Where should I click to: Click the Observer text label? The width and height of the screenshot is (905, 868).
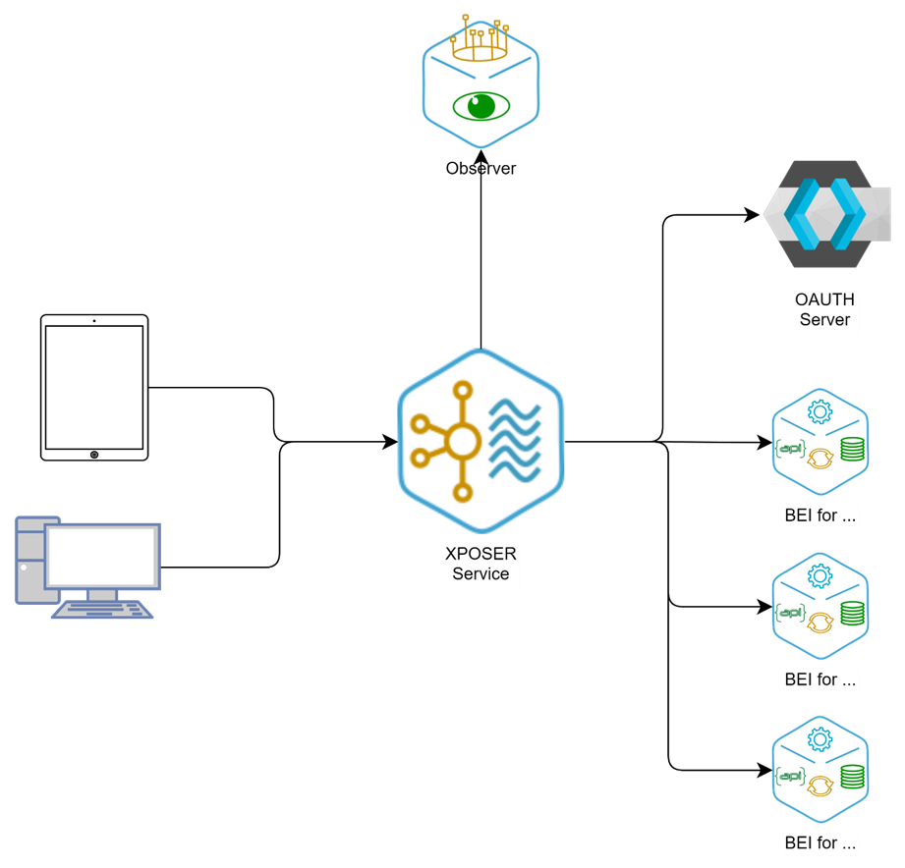pos(481,169)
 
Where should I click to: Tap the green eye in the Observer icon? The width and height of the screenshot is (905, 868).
pos(480,105)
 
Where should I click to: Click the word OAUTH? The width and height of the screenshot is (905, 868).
pos(824,300)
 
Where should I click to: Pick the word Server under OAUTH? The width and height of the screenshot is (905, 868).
pos(824,319)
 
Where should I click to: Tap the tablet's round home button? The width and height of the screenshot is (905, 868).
pos(94,454)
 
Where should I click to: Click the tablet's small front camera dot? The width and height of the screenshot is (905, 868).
pos(94,321)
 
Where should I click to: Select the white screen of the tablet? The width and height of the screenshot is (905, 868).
pos(94,386)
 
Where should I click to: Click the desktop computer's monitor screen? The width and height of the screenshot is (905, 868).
pos(102,556)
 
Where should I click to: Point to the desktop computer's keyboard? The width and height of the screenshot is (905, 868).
pos(102,609)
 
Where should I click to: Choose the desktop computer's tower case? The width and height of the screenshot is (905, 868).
pos(29,560)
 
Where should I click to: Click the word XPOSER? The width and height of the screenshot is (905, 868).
pos(481,555)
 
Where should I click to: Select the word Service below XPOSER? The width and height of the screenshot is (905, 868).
pos(481,573)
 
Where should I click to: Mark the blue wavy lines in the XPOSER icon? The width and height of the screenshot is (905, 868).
pos(515,440)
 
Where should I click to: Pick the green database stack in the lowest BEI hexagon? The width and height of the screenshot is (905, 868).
pos(851,777)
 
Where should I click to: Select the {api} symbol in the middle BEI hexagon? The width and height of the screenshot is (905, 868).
pos(790,613)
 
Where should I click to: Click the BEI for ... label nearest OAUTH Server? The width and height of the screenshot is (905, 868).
pos(820,515)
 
